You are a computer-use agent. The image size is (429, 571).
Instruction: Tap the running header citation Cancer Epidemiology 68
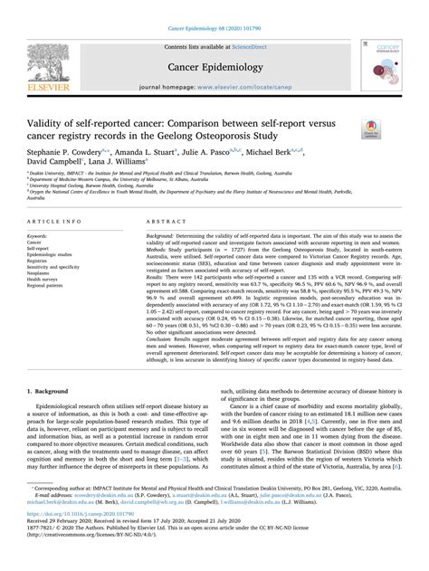point(214,7)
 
